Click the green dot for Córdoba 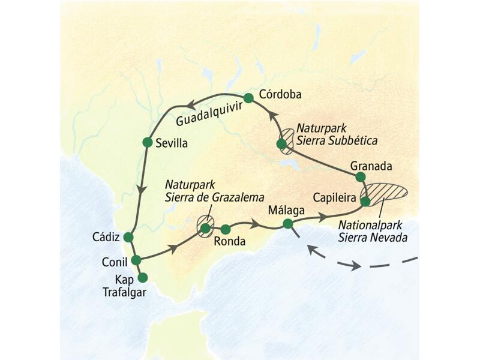[x=248, y=98]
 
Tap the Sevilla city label [x=172, y=143]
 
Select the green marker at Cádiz [x=127, y=237]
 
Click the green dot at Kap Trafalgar [x=142, y=277]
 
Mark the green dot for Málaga [x=288, y=224]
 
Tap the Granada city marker [x=360, y=177]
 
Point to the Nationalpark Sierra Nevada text [x=373, y=232]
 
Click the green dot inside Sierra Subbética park [x=281, y=144]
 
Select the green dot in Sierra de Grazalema [x=206, y=228]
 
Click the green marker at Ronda [x=226, y=229]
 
